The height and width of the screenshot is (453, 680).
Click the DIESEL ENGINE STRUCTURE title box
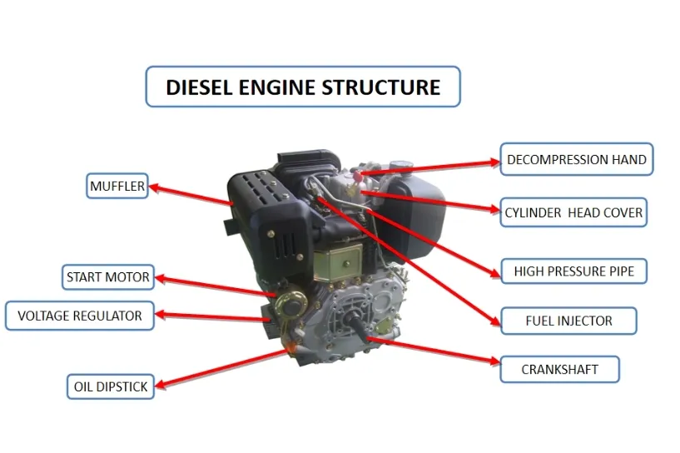click(x=303, y=87)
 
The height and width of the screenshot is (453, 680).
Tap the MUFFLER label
click(x=117, y=187)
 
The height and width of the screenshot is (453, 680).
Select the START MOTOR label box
click(x=108, y=277)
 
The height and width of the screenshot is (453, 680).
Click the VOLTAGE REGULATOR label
click(x=80, y=316)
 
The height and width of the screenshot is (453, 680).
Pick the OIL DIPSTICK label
click(x=111, y=386)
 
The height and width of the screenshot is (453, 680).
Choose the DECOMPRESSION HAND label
click(x=576, y=159)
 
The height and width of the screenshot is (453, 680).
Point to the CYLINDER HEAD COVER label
click(x=573, y=212)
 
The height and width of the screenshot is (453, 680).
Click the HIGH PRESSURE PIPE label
click(x=573, y=271)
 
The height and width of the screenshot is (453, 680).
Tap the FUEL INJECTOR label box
click(x=568, y=321)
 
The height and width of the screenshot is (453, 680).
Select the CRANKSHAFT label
click(x=559, y=369)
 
